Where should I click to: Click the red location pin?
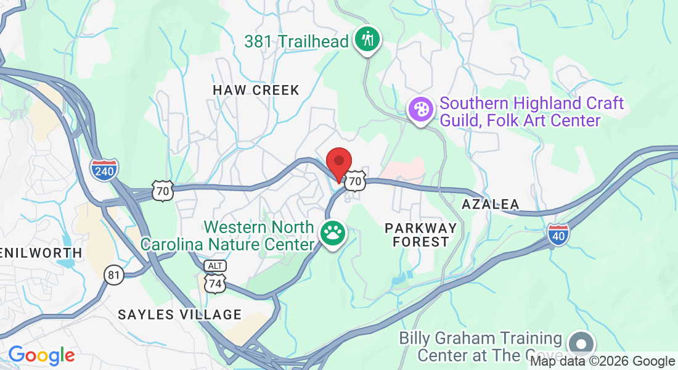(x=338, y=162)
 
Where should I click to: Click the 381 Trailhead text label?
(x=297, y=42)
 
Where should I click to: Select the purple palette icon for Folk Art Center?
(x=421, y=111)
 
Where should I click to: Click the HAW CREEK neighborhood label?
(x=256, y=90)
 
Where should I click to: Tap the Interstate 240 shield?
(x=104, y=169)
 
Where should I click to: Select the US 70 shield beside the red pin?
(x=354, y=181)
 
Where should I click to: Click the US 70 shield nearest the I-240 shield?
(x=163, y=191)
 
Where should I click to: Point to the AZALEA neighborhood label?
(x=491, y=204)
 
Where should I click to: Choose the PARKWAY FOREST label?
(x=421, y=235)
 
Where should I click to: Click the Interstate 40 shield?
(x=557, y=234)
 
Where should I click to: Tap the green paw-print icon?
(x=333, y=233)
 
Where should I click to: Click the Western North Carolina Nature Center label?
(x=227, y=236)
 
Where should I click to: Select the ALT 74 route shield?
(x=215, y=276)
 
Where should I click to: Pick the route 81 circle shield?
(x=113, y=274)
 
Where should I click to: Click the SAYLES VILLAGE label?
(x=180, y=314)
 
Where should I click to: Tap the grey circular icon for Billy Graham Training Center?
(x=581, y=343)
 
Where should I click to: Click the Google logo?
(x=41, y=355)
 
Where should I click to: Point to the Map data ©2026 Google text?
(x=603, y=361)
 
